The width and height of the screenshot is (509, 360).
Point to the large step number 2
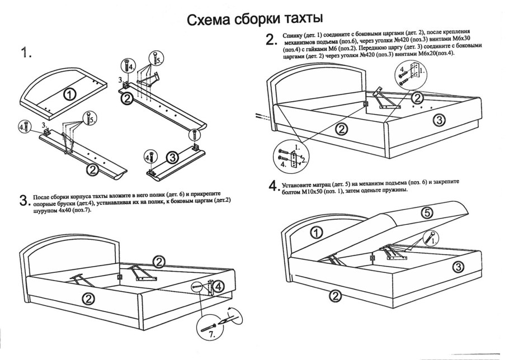pyautogui.click(x=271, y=40)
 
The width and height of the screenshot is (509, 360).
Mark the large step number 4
pyautogui.click(x=273, y=186)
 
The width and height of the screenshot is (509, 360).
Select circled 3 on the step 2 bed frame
pyautogui.click(x=440, y=119)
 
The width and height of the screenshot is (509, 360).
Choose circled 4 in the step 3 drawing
pyautogui.click(x=219, y=286)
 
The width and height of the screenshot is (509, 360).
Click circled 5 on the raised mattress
pyautogui.click(x=427, y=213)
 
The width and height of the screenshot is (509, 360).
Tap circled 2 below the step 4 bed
pyautogui.click(x=335, y=295)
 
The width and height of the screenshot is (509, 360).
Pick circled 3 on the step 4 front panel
pyautogui.click(x=458, y=267)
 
